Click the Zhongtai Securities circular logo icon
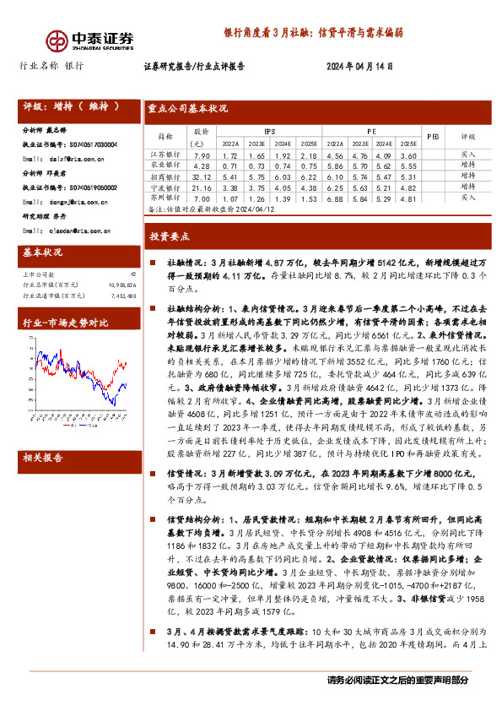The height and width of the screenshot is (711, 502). [x=57, y=40]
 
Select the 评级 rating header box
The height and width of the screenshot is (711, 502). [x=72, y=107]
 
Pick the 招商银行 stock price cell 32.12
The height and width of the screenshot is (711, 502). [x=202, y=176]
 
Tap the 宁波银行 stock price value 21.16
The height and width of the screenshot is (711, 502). [x=202, y=187]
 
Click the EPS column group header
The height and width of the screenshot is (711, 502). [x=269, y=132]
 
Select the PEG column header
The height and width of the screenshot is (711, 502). [x=433, y=137]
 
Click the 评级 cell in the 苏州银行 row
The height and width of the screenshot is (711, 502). [x=469, y=197]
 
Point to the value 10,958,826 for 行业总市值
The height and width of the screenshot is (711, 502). [x=121, y=285]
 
